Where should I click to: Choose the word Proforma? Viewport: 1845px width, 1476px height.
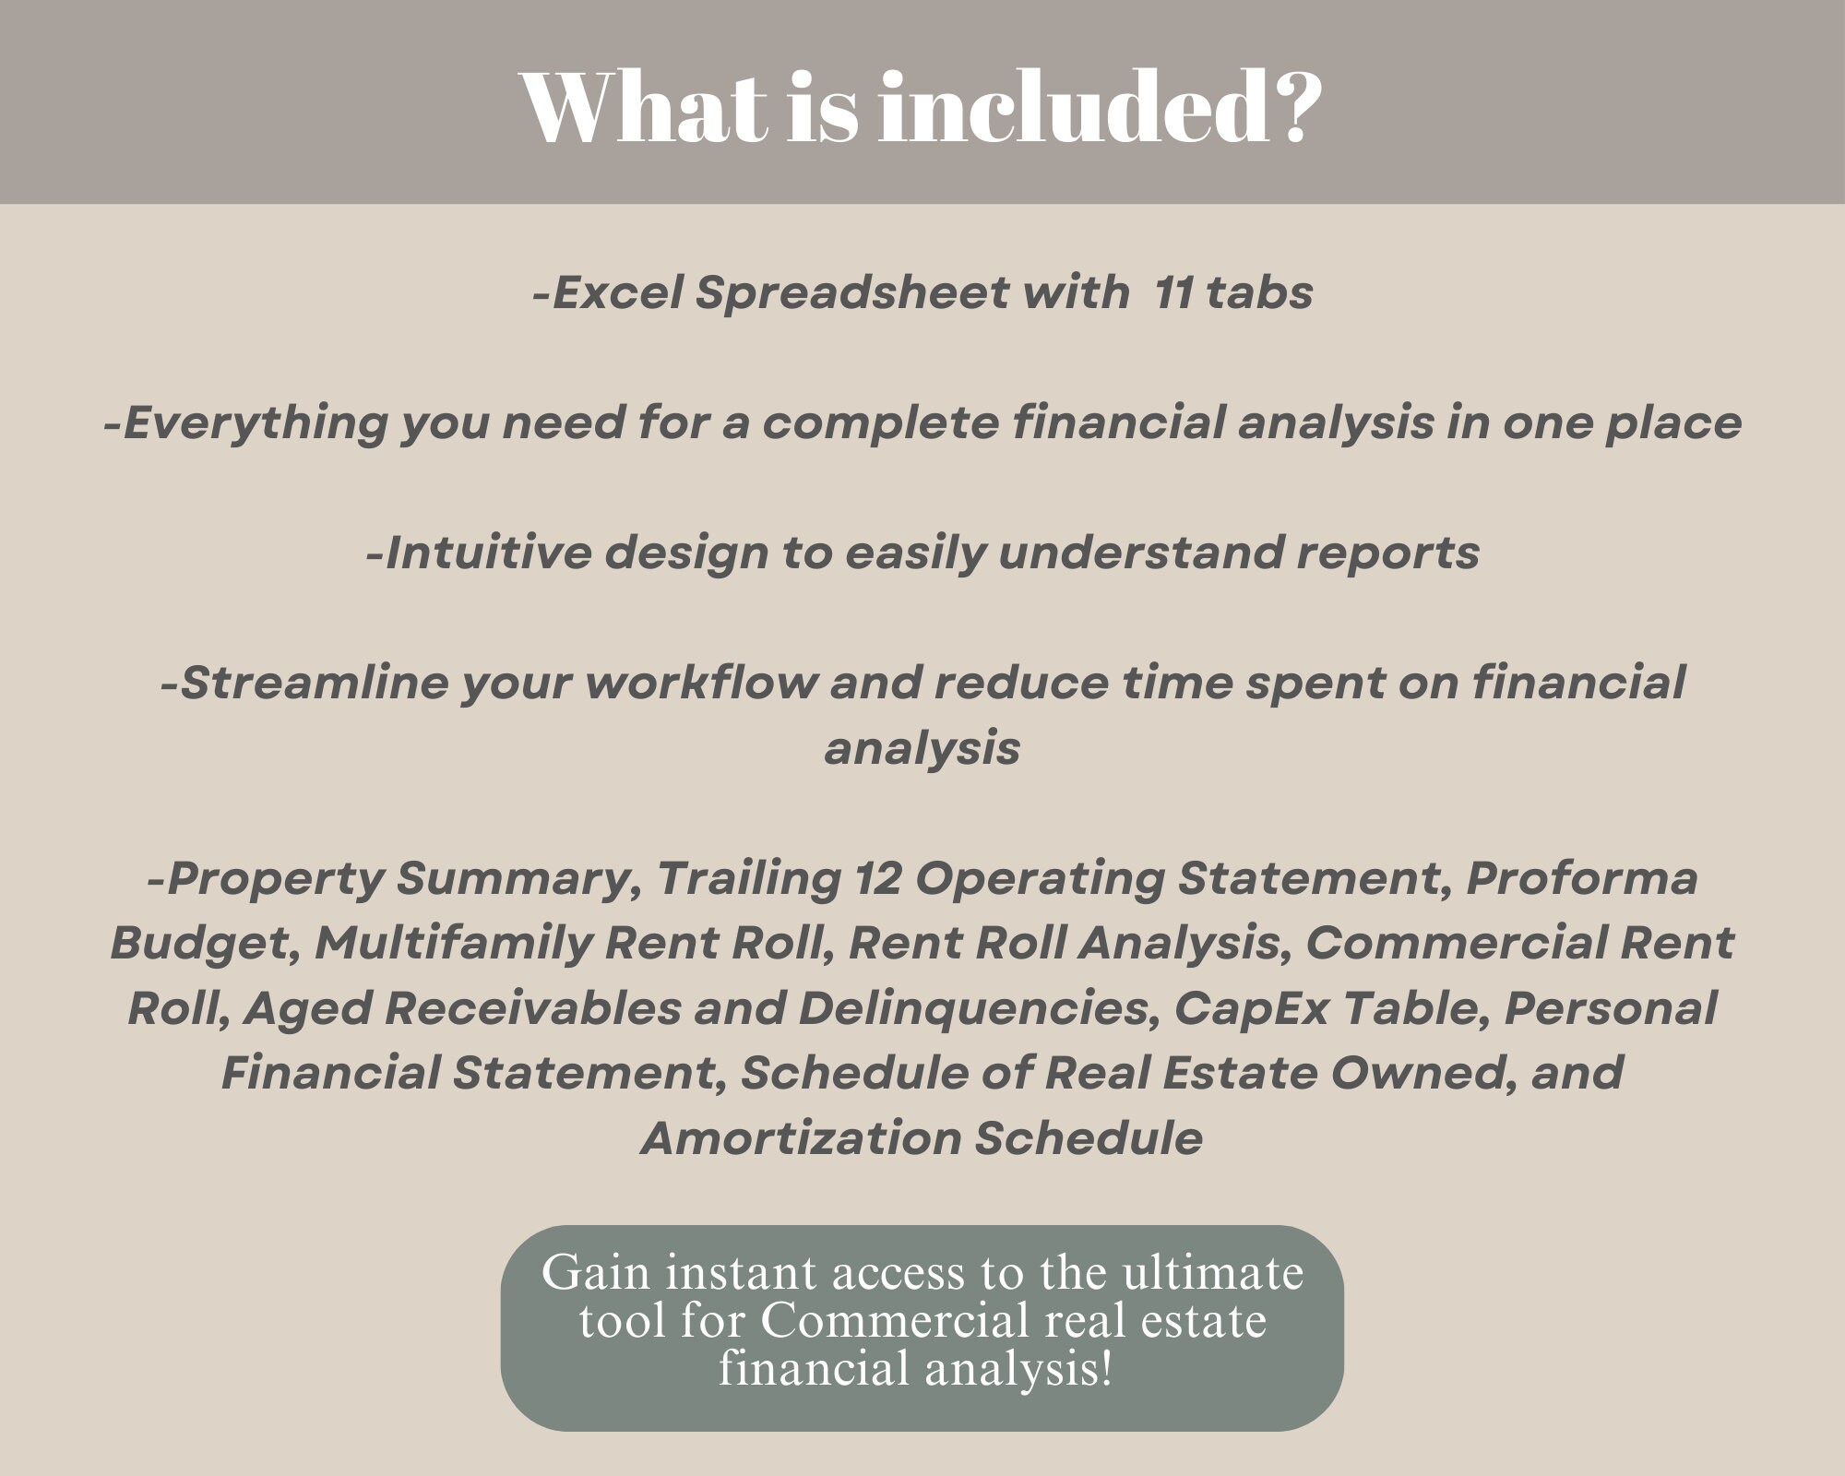1581,879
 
